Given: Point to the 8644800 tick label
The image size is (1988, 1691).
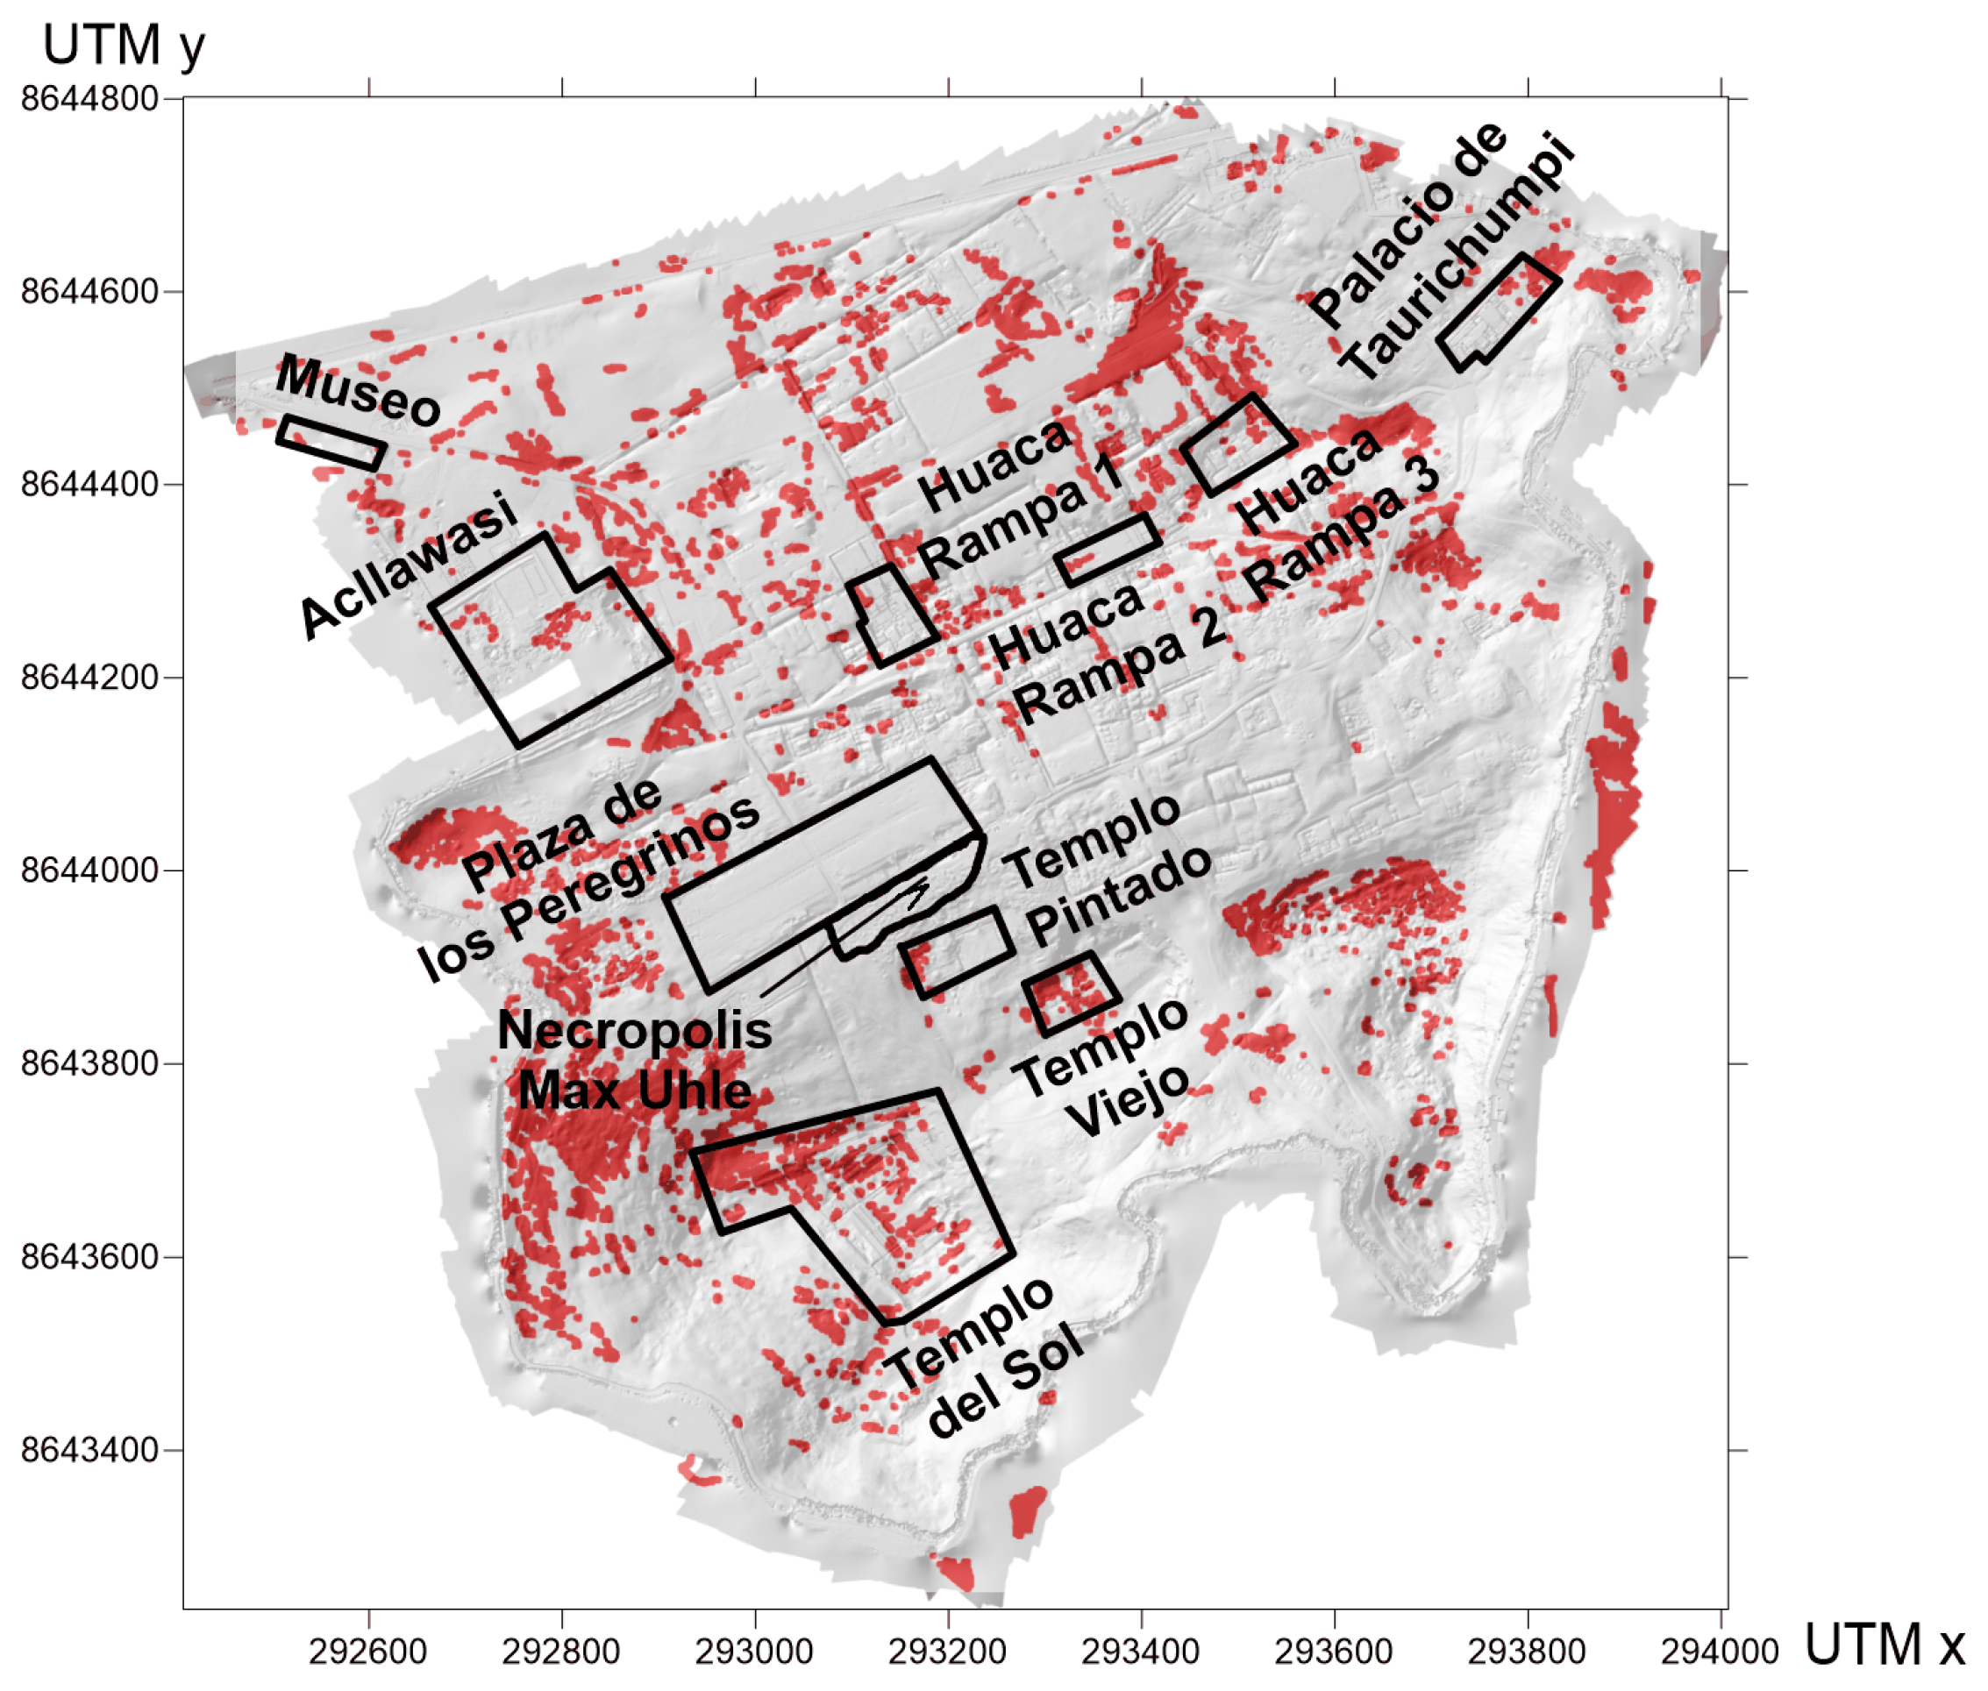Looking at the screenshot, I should point(89,98).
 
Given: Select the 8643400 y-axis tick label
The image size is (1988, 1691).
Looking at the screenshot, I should point(89,1449).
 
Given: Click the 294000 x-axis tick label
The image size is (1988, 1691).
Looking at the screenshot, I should point(1719,1652).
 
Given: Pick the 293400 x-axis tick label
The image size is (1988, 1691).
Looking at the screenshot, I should point(1139,1652).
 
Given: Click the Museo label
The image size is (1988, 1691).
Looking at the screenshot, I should point(357,389).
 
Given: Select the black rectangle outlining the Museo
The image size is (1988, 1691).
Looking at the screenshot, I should point(331,443).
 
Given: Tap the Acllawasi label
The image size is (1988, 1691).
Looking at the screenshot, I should point(408,565).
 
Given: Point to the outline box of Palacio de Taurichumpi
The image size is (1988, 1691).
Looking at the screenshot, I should point(1498,311).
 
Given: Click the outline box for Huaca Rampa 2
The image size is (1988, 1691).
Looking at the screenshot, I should point(1108,550).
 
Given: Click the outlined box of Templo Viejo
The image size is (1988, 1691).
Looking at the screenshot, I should point(1072,992).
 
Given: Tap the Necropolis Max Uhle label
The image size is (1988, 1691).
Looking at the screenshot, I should point(634,1060).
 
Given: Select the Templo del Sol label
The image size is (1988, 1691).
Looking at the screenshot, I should point(983,1356).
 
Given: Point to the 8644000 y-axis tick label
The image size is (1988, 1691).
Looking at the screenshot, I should point(89,870).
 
